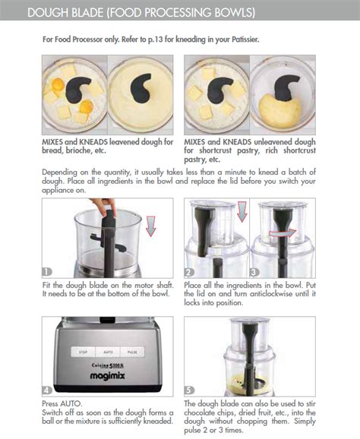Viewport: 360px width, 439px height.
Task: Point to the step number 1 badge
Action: pyautogui.click(x=47, y=271)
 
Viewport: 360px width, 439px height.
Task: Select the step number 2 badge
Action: pyautogui.click(x=190, y=271)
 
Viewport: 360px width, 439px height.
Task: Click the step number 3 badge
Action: pyautogui.click(x=254, y=271)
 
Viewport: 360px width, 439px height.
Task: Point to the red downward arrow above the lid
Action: pyautogui.click(x=242, y=211)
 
